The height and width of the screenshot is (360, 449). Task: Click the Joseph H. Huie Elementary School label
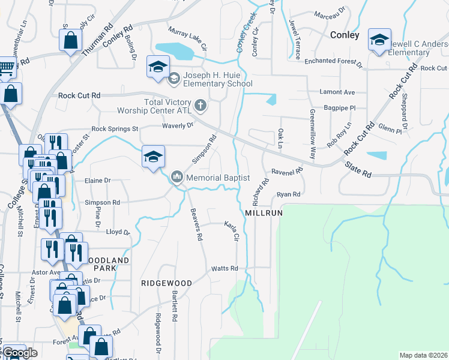tap(214, 79)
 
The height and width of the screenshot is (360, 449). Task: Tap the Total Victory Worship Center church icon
tap(200, 106)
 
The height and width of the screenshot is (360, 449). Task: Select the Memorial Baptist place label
tap(217, 178)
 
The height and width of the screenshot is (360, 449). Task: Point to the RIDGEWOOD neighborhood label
tap(166, 283)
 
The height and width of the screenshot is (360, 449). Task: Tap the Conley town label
tap(345, 35)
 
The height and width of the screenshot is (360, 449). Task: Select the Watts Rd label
tap(225, 268)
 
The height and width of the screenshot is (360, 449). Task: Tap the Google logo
tap(19, 353)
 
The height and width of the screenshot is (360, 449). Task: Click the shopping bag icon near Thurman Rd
tap(70, 41)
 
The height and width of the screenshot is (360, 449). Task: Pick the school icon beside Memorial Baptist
tap(153, 158)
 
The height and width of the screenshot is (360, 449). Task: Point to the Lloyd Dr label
tap(117, 232)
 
